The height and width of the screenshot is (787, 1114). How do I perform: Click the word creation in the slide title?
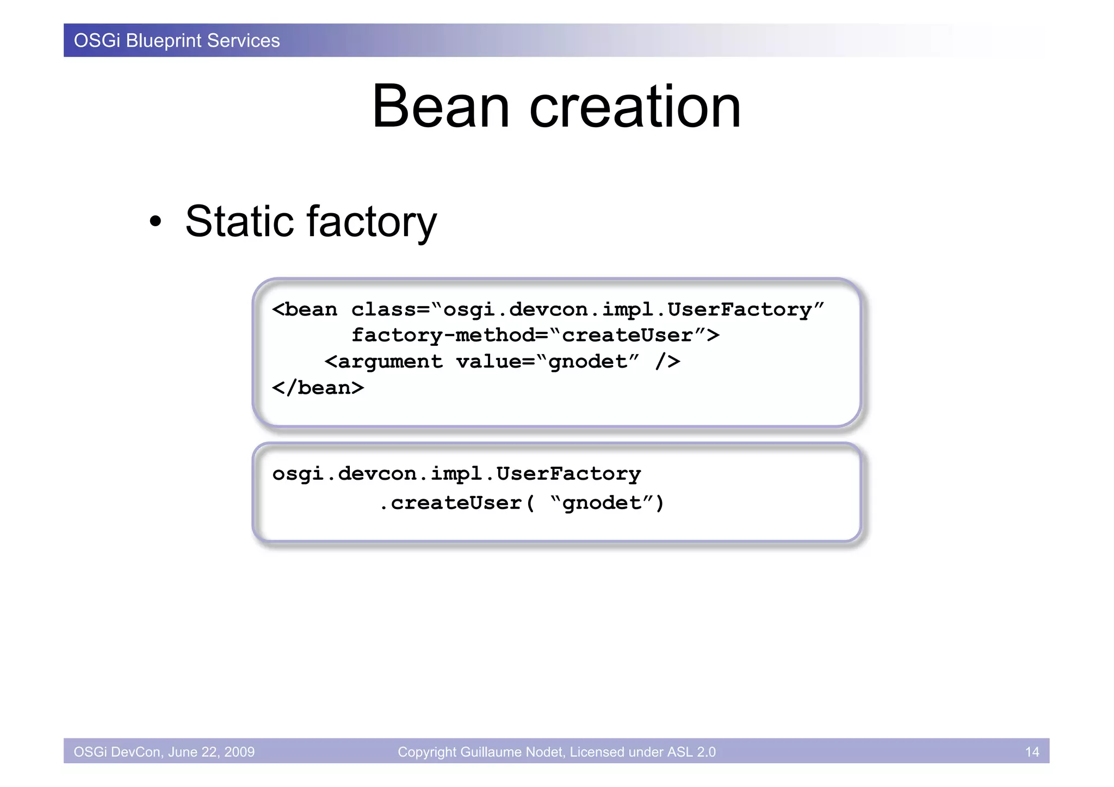(x=635, y=107)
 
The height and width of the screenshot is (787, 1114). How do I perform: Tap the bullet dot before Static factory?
(x=156, y=222)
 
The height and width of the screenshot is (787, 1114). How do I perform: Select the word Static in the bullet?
(x=239, y=221)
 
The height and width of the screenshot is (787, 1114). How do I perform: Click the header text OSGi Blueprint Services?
(x=177, y=41)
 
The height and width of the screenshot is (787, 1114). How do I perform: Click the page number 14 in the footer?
(x=1032, y=752)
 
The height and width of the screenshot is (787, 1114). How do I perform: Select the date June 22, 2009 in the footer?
(x=211, y=752)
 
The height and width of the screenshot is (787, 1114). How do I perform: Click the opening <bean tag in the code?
(x=305, y=309)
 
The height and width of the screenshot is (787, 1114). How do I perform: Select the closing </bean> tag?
(x=318, y=388)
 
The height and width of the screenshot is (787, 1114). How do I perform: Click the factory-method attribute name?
(x=442, y=335)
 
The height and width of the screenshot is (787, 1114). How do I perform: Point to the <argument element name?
(x=383, y=362)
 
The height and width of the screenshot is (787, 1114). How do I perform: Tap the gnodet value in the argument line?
(x=587, y=362)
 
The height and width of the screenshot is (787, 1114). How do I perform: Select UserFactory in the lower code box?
(x=568, y=474)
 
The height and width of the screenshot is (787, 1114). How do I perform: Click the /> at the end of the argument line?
(x=667, y=362)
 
